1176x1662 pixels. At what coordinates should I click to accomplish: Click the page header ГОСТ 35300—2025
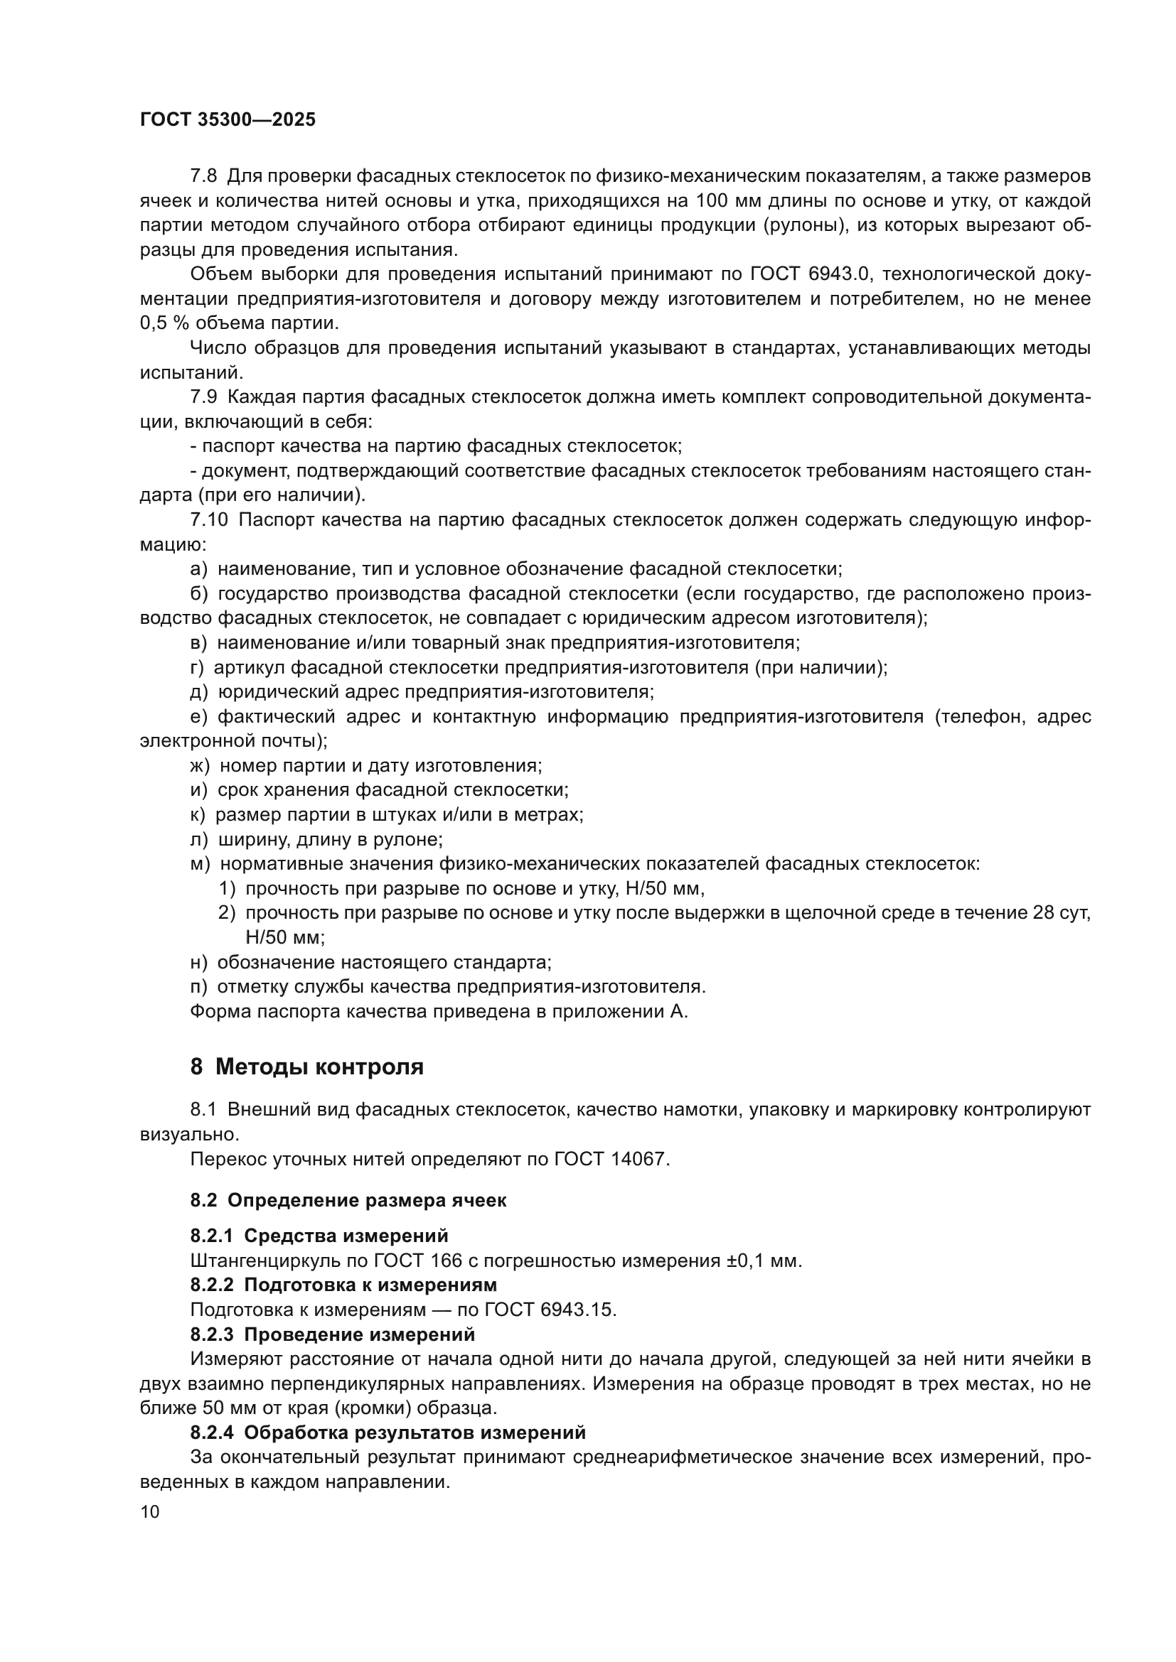click(228, 120)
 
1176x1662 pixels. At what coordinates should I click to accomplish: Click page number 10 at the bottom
click(150, 1512)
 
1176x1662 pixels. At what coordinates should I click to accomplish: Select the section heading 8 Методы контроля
click(306, 1067)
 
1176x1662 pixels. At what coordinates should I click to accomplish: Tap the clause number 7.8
click(203, 176)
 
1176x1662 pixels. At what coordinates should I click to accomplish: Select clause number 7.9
click(203, 397)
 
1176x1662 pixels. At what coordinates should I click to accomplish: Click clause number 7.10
click(208, 520)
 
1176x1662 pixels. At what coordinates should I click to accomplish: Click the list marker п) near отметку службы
click(198, 987)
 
